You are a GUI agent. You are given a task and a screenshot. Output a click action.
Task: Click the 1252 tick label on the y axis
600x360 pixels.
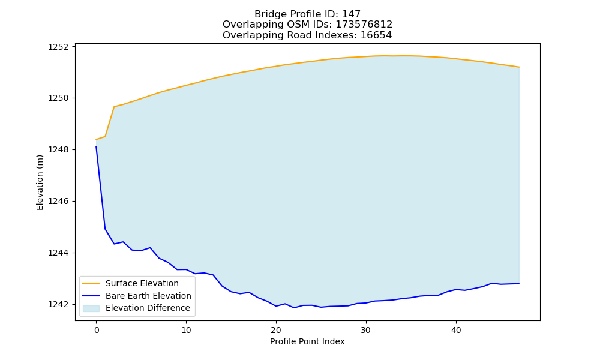[58, 47]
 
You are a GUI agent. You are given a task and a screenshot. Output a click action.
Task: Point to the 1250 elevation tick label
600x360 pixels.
[58, 98]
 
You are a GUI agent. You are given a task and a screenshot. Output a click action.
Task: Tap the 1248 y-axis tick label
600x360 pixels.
[58, 149]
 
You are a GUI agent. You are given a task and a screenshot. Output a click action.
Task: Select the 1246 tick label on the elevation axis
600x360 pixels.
[58, 201]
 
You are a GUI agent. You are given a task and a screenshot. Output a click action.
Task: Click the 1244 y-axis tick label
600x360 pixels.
[58, 253]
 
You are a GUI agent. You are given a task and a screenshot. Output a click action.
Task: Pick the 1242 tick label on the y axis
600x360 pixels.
[58, 305]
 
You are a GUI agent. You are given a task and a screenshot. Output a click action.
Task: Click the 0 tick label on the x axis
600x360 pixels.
[96, 330]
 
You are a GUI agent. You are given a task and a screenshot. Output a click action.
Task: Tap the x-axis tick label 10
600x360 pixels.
[186, 330]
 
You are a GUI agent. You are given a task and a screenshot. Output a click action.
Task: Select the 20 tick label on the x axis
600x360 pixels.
[276, 330]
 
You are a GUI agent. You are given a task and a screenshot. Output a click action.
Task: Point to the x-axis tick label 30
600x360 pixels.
[366, 330]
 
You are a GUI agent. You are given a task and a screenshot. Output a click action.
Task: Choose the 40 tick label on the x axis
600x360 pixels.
[456, 330]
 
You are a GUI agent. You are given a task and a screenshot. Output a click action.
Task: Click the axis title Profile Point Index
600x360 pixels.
[307, 341]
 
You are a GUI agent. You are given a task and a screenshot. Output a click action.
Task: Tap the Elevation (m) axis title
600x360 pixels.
[40, 182]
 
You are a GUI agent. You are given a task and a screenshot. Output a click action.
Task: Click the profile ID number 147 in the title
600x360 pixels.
[351, 14]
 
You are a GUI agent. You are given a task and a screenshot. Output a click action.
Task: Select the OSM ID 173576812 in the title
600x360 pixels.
[364, 25]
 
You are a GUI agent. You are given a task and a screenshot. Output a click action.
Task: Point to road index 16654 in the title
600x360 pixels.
[376, 35]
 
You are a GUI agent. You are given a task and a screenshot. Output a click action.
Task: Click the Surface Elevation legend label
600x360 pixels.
[142, 283]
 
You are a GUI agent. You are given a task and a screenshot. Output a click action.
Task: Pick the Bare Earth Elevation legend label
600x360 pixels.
[148, 296]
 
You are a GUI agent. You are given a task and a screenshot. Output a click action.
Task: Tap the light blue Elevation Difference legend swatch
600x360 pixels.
[91, 308]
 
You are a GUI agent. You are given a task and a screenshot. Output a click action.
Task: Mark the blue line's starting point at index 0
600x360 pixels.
[96, 146]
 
